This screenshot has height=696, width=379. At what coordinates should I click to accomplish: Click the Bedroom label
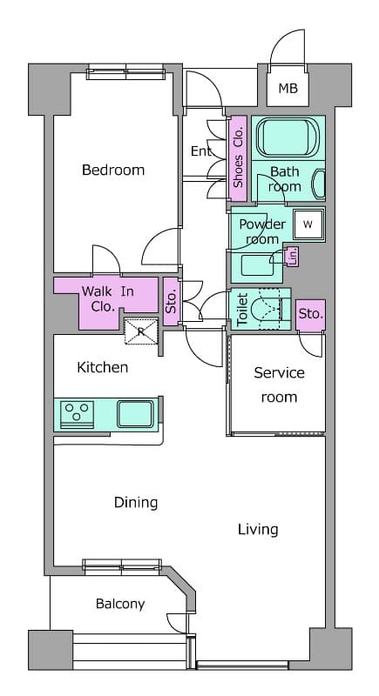113,170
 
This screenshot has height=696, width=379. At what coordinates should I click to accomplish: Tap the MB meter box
288,89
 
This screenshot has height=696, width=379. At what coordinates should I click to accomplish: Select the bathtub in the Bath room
288,137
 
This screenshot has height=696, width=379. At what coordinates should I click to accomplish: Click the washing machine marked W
308,224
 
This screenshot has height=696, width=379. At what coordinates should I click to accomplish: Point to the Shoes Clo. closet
238,157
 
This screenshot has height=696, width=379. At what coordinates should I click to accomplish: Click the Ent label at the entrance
201,151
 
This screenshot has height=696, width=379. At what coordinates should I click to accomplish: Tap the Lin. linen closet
293,257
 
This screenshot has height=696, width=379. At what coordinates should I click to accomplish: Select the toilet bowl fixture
267,309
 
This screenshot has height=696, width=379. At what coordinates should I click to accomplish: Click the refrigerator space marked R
141,331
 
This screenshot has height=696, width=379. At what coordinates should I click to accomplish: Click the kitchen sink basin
136,414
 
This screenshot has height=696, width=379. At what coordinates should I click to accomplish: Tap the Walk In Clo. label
107,298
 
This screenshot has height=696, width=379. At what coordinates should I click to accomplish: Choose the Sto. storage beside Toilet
310,315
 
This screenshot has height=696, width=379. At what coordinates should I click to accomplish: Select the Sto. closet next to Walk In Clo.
172,301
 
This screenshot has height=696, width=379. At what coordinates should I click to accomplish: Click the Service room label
279,385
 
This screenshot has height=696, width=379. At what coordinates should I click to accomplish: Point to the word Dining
136,503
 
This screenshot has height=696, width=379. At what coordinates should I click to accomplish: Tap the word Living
258,530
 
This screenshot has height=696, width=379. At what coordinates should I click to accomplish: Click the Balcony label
120,604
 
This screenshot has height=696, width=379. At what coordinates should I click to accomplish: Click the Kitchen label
103,367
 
